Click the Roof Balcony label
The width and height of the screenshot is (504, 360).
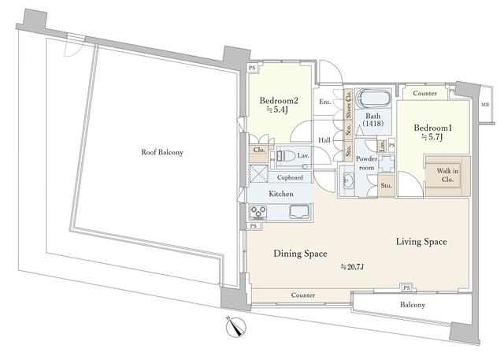pyautogui.click(x=162, y=152)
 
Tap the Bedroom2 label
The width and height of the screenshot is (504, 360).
pyautogui.click(x=279, y=101)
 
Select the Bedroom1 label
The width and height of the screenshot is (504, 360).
pyautogui.click(x=432, y=128)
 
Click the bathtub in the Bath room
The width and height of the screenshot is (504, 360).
pyautogui.click(x=373, y=98)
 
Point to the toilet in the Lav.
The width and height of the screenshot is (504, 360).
pyautogui.click(x=286, y=156)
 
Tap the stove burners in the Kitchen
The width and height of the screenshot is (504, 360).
pyautogui.click(x=259, y=212)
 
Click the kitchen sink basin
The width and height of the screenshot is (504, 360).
pyautogui.click(x=299, y=212)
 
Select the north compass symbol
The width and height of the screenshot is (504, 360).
pyautogui.click(x=236, y=327)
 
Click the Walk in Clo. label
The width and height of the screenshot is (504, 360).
pyautogui.click(x=447, y=175)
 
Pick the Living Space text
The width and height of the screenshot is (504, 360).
pyautogui.click(x=421, y=242)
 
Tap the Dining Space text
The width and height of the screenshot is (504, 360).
pyautogui.click(x=300, y=254)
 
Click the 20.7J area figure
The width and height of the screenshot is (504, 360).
pyautogui.click(x=352, y=267)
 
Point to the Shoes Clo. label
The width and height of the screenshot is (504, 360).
pyautogui.click(x=348, y=104)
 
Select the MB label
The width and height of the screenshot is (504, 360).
pyautogui.click(x=484, y=105)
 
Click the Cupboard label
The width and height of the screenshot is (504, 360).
pyautogui.click(x=290, y=177)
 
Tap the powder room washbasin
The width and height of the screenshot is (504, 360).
pyautogui.click(x=347, y=180)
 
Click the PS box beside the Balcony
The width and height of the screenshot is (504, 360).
pyautogui.click(x=406, y=288)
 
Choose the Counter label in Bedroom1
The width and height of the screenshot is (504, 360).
pyautogui.click(x=424, y=93)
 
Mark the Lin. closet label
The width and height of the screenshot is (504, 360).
pyautogui.click(x=382, y=146)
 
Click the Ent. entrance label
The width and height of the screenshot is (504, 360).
pyautogui.click(x=324, y=102)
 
